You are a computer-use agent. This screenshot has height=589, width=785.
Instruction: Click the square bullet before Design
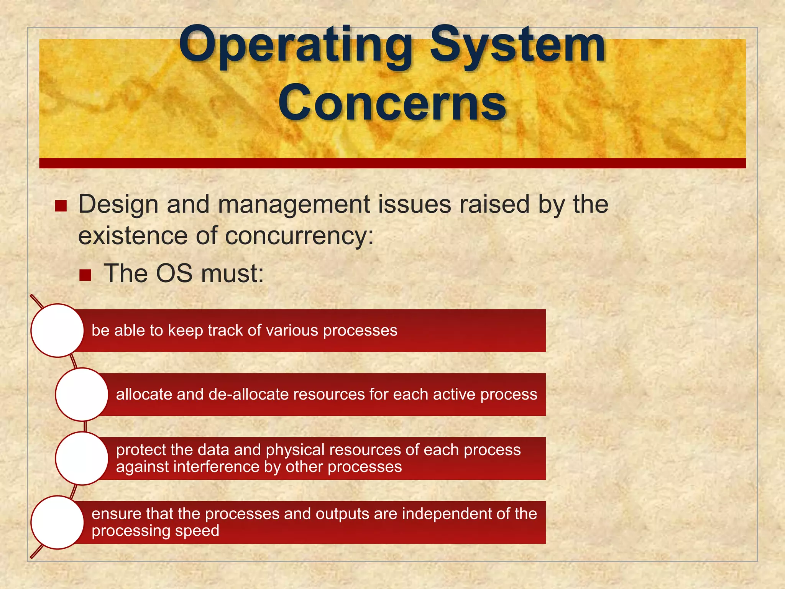coord(61,206)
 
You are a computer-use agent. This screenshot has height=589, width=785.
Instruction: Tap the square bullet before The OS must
coord(85,275)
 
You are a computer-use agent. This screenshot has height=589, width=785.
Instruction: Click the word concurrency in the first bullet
coord(299,236)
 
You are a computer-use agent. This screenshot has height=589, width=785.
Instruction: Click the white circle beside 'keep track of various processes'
coord(57,331)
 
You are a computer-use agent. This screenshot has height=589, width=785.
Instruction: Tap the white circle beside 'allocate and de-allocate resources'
coord(82,394)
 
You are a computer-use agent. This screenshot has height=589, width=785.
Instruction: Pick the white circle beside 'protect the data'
coord(82,458)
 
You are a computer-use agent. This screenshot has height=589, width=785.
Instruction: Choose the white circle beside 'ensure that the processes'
coord(57,522)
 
